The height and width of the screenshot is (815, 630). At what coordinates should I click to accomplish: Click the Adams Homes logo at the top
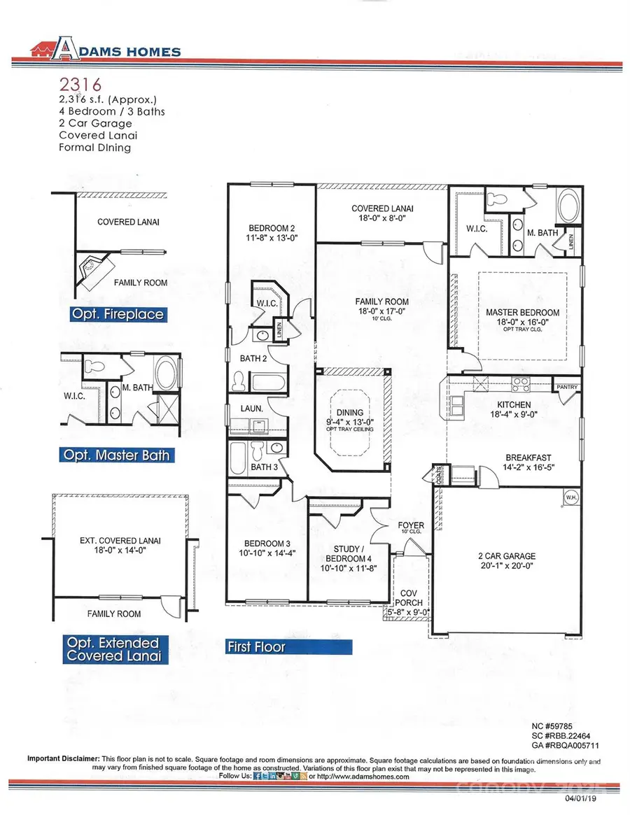105,50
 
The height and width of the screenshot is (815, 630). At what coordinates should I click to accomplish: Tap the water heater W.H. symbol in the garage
571,496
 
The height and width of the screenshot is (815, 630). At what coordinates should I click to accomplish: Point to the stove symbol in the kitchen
521,384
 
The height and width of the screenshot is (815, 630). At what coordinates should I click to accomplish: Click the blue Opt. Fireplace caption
118,314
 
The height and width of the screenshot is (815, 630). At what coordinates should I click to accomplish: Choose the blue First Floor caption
256,646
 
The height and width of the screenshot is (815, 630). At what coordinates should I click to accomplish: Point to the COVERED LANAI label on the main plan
382,208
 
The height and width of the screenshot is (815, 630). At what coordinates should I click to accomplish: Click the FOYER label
411,525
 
